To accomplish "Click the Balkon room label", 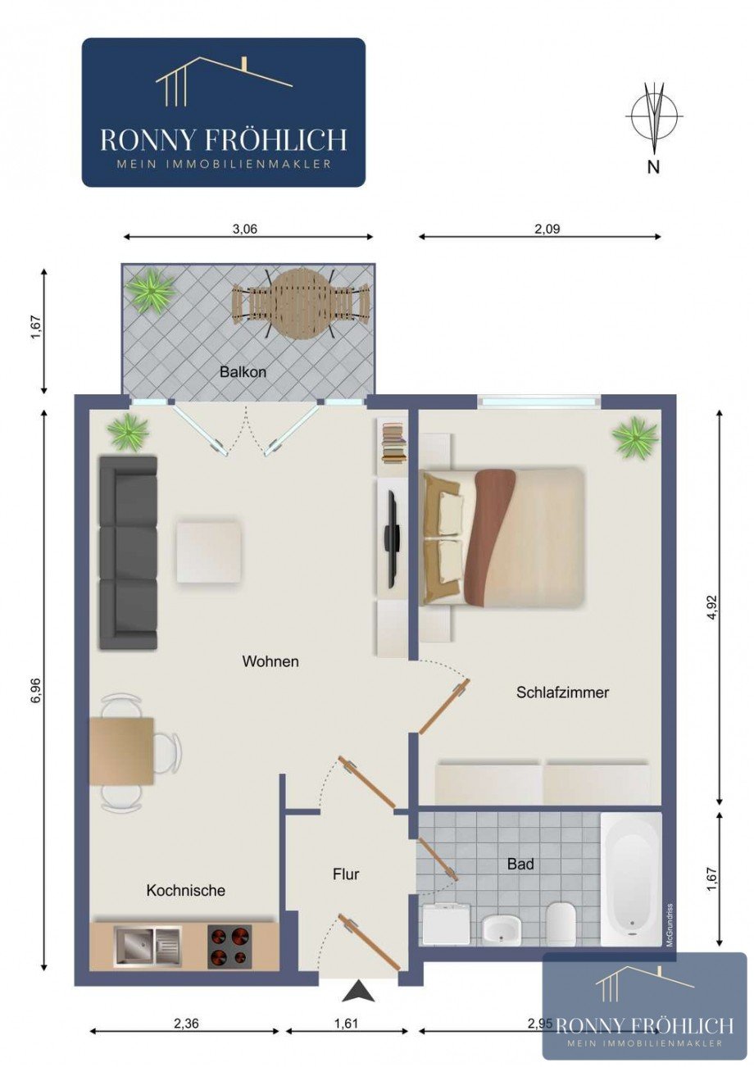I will [243, 371].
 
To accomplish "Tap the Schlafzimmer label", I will [562, 692].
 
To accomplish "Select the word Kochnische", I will [185, 890].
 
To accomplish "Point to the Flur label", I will [346, 874].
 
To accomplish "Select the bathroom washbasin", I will [501, 929].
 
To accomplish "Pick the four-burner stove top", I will [229, 946].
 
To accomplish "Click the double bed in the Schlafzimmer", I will [503, 537].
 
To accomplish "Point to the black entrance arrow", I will [358, 992].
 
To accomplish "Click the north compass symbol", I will [653, 118].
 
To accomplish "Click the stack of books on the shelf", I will [394, 443].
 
